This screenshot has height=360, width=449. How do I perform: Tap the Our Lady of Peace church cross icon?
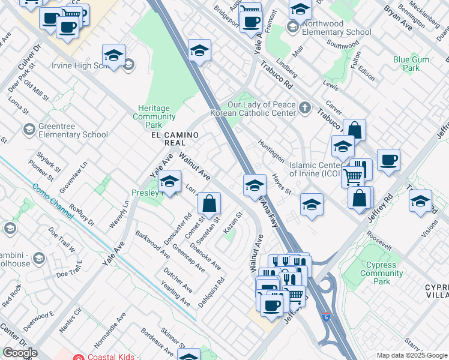pos(306,109)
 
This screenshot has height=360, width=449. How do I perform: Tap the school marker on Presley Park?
pos(170,181)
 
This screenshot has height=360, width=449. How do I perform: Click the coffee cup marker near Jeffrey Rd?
pos(389,160)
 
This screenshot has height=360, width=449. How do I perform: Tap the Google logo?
pos(20,353)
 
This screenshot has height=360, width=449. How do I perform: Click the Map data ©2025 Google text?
pos(411,355)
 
